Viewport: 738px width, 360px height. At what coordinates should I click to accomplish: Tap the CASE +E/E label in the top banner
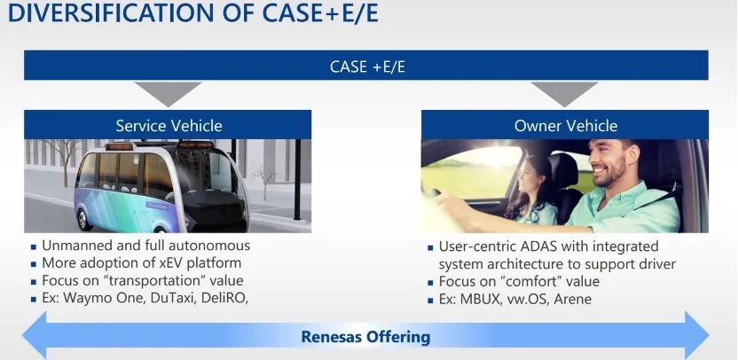click(367, 67)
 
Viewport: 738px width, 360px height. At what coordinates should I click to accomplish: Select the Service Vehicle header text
click(169, 126)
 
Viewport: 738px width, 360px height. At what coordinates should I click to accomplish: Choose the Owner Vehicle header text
click(566, 126)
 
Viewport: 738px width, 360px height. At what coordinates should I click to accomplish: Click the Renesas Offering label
click(365, 337)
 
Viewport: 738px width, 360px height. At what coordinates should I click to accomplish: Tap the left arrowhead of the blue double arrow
click(35, 335)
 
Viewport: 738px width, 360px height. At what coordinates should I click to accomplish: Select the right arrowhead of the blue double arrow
click(696, 335)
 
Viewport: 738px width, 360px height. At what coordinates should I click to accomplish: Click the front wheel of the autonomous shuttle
click(85, 219)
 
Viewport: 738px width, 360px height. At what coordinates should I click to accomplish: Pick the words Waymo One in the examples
click(103, 298)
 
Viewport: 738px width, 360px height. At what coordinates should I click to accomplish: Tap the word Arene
click(573, 300)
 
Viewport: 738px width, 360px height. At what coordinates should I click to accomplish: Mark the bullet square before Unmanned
click(34, 247)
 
